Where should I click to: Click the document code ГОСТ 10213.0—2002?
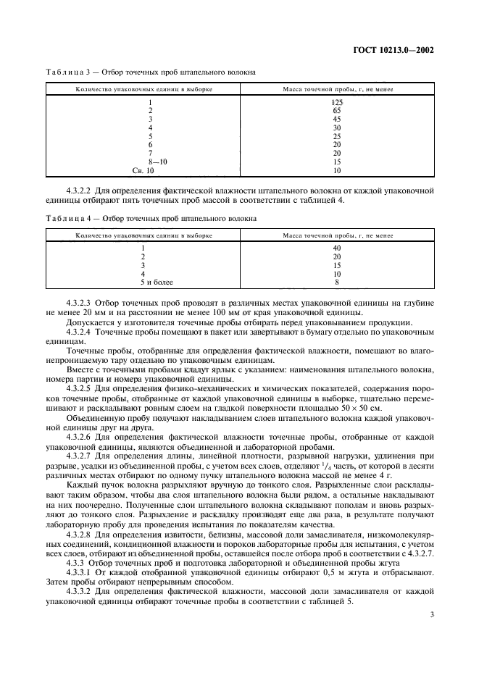point(399,51)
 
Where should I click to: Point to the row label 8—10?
point(150,162)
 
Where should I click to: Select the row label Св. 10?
point(143,170)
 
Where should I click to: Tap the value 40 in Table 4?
point(336,248)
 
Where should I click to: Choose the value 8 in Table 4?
point(336,282)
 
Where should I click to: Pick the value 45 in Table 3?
point(336,119)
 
